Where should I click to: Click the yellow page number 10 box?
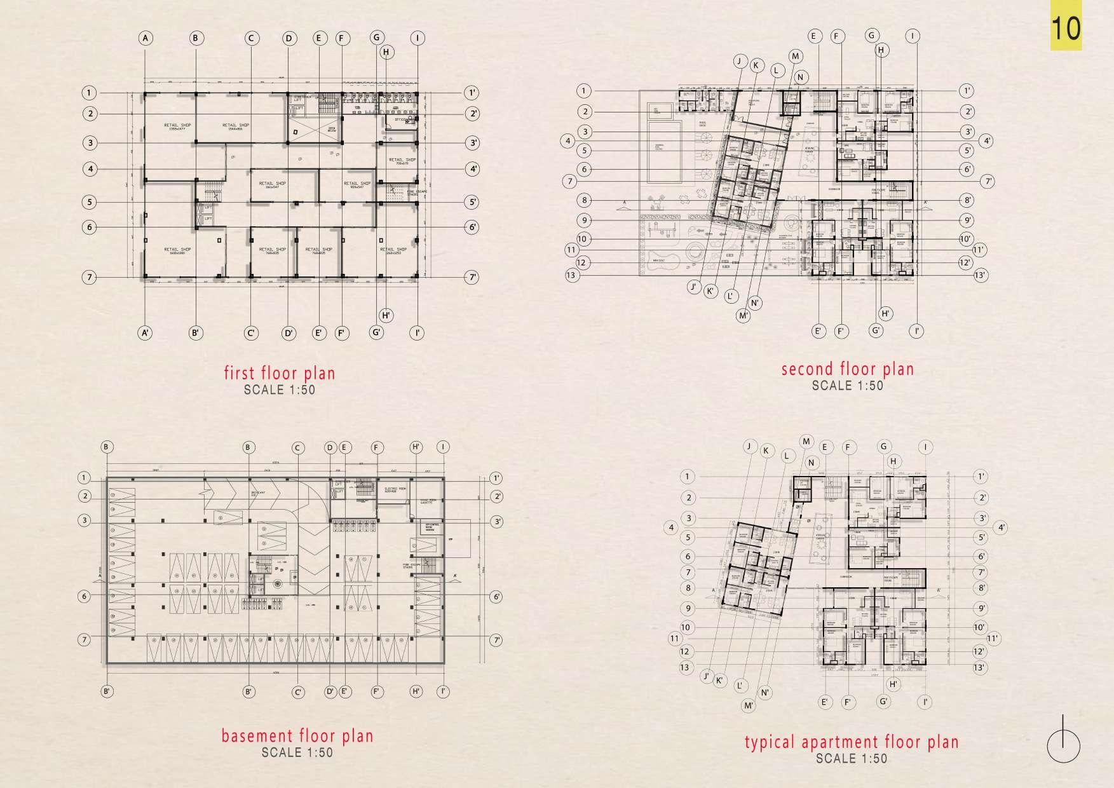point(1066,29)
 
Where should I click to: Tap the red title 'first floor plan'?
point(279,372)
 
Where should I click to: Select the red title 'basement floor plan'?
point(297,736)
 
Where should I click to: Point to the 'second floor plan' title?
point(847,369)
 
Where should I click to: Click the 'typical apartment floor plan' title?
point(852,742)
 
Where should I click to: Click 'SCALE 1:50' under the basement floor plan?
point(297,752)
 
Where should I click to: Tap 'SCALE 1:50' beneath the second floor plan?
point(847,385)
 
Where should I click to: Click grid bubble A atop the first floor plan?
point(146,38)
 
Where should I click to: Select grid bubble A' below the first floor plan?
point(146,332)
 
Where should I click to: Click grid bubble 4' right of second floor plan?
point(986,140)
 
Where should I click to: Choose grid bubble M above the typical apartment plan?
point(806,442)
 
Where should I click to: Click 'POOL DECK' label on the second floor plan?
point(702,125)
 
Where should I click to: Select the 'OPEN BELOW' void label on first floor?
point(331,129)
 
